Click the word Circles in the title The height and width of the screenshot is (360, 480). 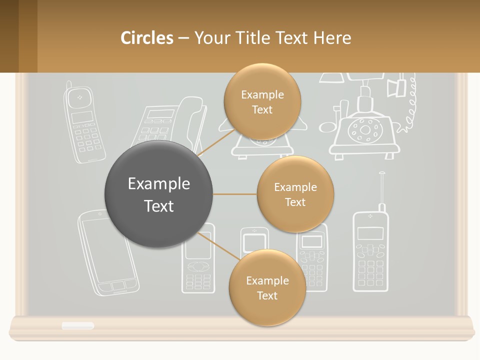tap(146, 38)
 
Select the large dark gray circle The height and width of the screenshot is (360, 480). tap(158, 194)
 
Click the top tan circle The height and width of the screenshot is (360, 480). tap(262, 101)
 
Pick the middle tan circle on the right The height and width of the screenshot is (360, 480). tap(295, 194)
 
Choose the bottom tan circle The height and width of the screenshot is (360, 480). tap(267, 287)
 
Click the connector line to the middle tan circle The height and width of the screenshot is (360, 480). tap(234, 194)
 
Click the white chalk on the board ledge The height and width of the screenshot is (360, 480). tap(77, 326)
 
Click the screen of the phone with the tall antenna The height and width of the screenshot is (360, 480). tap(370, 233)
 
